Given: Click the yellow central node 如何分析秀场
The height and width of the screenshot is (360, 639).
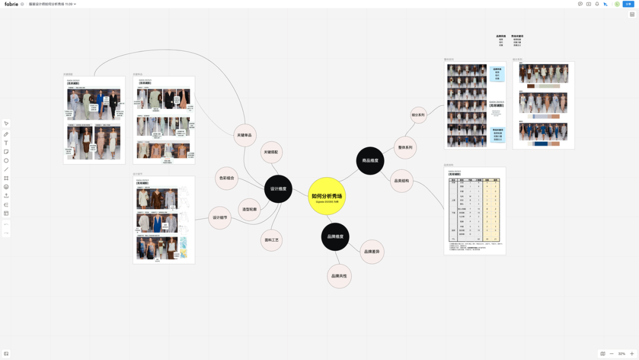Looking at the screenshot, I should point(327,196).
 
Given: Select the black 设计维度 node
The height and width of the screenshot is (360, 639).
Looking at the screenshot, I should point(278,189).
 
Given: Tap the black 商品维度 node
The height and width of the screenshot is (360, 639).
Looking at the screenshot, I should point(370,160).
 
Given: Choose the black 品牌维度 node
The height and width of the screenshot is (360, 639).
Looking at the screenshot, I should point(335,237).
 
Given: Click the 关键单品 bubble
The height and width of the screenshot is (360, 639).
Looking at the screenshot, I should point(244,136).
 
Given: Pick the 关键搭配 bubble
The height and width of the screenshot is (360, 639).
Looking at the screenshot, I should point(270,152).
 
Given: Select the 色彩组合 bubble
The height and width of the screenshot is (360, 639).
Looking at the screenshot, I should point(227,178).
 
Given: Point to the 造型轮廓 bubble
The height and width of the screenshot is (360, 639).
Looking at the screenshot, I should point(249,210).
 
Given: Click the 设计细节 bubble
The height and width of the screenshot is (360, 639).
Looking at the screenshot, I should point(220,218).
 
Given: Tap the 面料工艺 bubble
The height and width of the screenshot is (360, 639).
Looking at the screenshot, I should point(272,240).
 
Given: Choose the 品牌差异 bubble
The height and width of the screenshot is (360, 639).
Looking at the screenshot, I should point(372,252).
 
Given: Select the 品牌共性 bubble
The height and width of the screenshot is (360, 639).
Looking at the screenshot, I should point(339,276).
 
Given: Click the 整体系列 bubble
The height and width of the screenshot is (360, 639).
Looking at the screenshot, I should point(405,147).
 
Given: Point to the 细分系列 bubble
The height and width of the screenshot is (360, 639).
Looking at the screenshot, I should point(418,115).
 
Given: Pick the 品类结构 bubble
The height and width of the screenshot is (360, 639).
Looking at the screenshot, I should point(402,181).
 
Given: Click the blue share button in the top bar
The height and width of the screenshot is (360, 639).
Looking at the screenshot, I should point(628,4).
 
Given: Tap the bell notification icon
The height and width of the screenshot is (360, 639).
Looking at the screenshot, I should point(597,4).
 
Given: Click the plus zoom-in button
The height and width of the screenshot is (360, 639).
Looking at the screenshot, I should point(632,353).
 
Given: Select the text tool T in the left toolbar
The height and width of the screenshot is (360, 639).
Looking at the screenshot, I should point(7,143).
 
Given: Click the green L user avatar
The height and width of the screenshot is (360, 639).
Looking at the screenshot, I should point(617,4).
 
